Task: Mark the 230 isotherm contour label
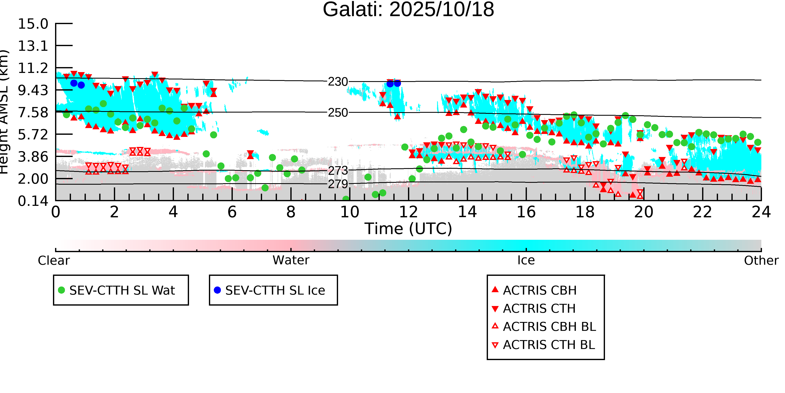coord(338,82)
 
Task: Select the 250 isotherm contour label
coord(338,113)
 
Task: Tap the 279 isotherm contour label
coord(338,184)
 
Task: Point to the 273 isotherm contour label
coord(338,171)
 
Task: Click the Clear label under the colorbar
coord(54,261)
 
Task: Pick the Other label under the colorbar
coord(761,261)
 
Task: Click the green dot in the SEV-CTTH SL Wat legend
coord(62,290)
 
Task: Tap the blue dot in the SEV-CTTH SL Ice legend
coord(217,290)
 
